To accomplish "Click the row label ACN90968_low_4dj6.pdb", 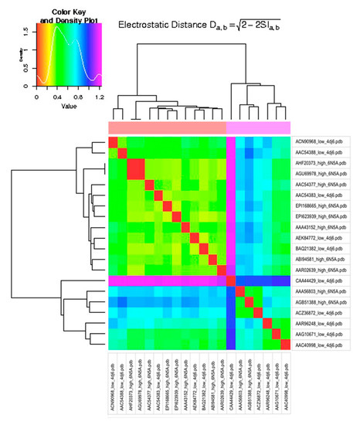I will click(319, 141).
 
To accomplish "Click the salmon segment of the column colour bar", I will click(167, 127).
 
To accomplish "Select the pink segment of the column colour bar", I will click(259, 127).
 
